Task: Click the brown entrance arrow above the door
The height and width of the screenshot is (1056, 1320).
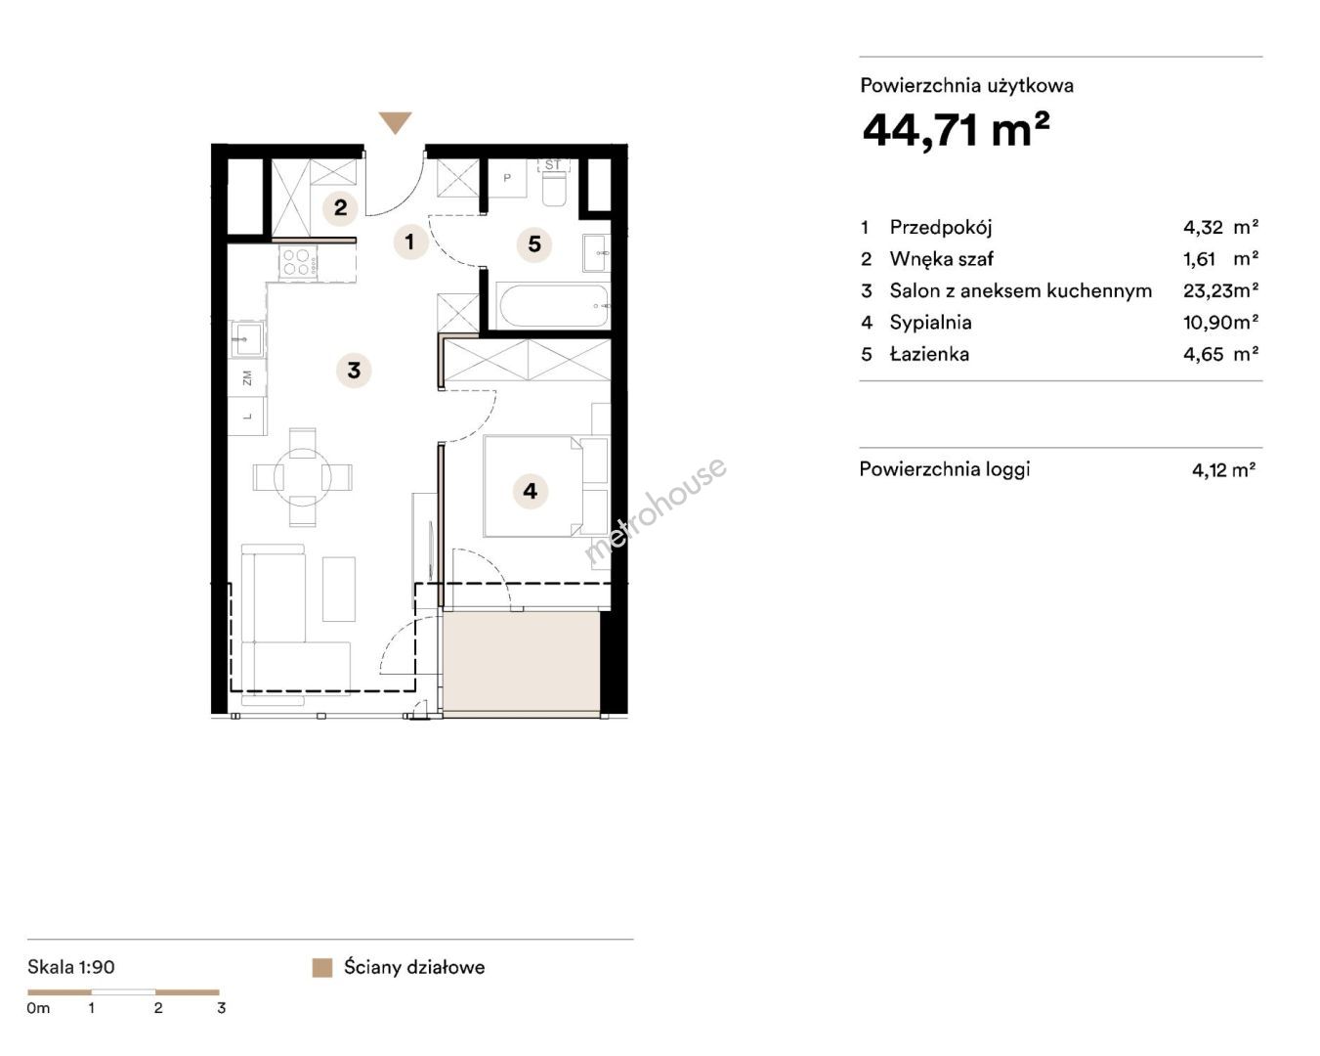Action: pos(395,121)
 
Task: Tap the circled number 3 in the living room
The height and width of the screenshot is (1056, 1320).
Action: pos(354,371)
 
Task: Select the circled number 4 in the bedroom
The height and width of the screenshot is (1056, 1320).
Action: pos(530,491)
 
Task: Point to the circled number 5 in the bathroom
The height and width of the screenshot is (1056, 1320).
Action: pos(534,243)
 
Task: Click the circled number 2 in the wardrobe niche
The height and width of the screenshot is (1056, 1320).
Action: pos(340,207)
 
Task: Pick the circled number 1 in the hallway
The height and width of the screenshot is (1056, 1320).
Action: pos(409,242)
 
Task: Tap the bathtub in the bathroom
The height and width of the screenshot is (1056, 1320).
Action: pos(554,306)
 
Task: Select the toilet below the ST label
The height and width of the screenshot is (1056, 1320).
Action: pos(556,188)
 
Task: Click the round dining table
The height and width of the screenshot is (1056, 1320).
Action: pos(302,477)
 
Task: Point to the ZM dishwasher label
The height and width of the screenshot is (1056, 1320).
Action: pos(247,377)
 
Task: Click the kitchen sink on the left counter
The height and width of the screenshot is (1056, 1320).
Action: pos(247,339)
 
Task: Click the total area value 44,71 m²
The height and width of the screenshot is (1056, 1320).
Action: pos(956,129)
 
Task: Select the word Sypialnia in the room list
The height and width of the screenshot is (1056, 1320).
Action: pos(930,323)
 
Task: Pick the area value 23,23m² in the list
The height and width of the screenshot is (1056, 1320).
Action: pos(1220,290)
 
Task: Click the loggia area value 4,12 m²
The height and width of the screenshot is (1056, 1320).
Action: pos(1223,470)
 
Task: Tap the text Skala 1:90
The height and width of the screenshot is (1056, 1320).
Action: pos(71,967)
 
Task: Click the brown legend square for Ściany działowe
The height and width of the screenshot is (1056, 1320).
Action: pos(322,968)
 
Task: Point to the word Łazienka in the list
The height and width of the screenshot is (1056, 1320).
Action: pos(929,354)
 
